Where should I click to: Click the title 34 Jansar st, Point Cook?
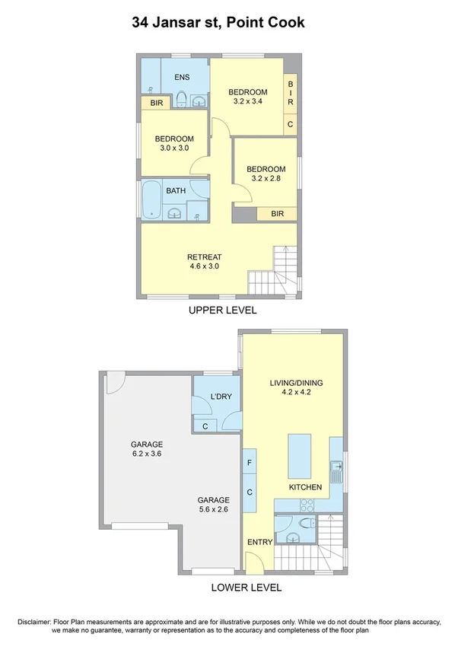click(x=218, y=23)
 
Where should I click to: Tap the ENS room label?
click(x=182, y=78)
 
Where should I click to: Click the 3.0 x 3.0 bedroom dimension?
click(x=174, y=148)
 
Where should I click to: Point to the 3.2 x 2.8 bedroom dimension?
click(x=266, y=179)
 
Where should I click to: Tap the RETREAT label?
click(x=203, y=257)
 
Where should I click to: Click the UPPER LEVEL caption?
click(x=223, y=311)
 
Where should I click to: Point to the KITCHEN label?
click(x=305, y=487)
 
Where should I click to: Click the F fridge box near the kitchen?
click(x=250, y=462)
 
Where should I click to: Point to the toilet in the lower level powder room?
click(x=304, y=524)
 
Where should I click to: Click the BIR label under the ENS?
click(x=156, y=103)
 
